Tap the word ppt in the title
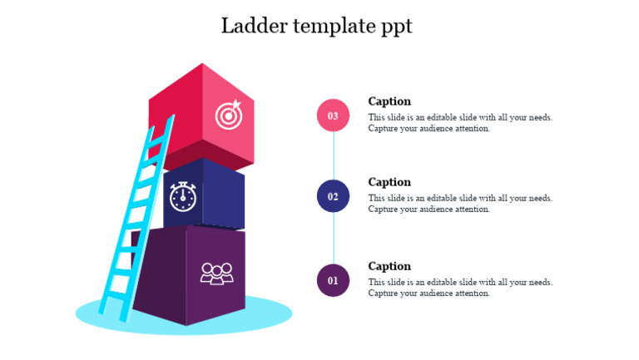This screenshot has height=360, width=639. pos(394,27)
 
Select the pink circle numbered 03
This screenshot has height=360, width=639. pos(333,116)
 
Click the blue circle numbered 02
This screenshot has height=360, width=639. pos(333,196)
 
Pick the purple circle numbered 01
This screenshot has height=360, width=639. pos(333,280)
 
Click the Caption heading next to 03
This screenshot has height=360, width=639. pos(389,101)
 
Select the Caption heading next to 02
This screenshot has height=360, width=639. pos(389,182)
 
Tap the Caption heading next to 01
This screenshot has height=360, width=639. pos(389,266)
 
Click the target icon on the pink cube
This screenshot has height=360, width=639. pos(228,115)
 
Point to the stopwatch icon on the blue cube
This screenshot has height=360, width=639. pos(183,196)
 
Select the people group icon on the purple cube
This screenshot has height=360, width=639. pos(216,273)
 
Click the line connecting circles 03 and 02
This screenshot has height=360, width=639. pos(333,156)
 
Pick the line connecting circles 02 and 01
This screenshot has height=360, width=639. pos(333,239)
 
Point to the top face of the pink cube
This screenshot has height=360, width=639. pos(202,82)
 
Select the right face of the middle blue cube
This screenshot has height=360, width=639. pos(223,195)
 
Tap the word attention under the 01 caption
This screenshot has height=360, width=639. pos(471,293)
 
